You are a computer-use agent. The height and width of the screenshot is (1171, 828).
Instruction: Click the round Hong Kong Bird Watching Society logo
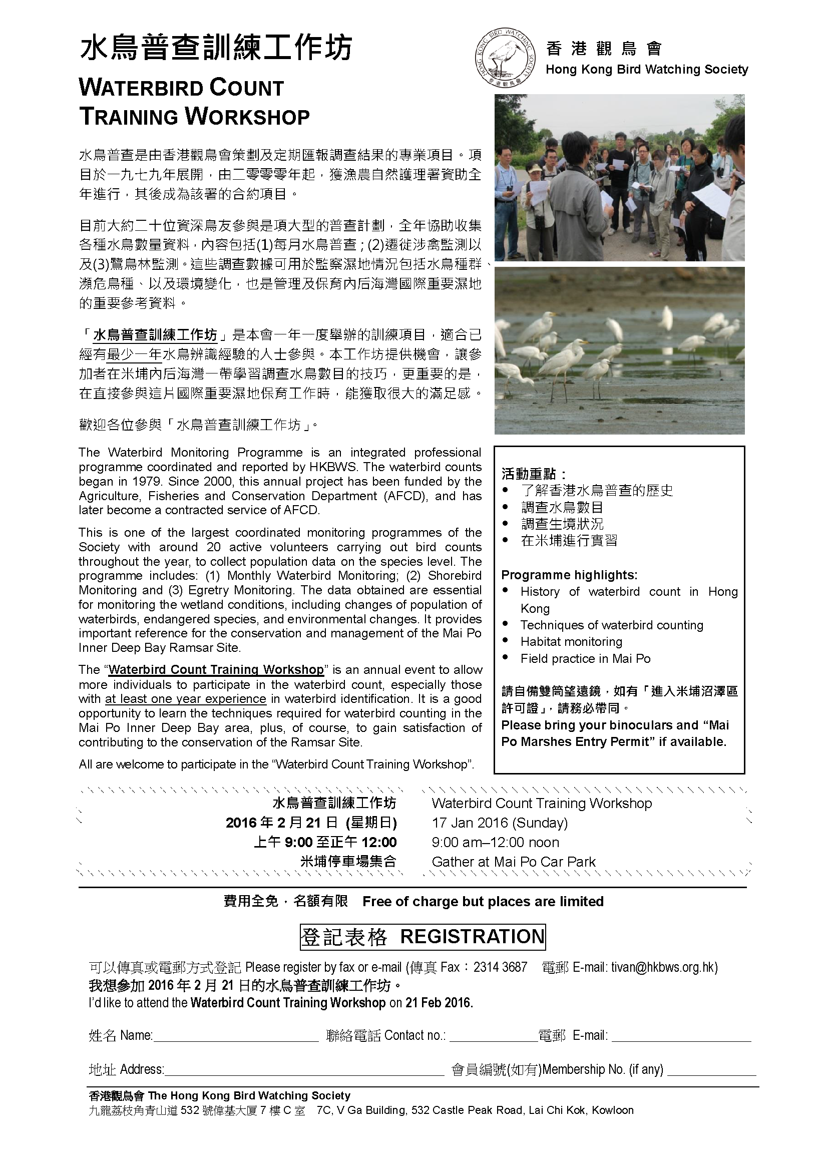(x=505, y=58)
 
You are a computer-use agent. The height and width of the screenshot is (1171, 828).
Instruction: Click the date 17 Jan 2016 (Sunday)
(x=500, y=823)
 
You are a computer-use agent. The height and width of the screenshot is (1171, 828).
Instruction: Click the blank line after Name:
(x=236, y=1035)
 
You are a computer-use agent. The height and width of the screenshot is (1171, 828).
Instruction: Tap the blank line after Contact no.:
(x=493, y=1035)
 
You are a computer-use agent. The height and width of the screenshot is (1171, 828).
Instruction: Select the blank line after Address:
(x=304, y=1069)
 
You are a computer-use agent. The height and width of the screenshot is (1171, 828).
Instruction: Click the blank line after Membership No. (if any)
(x=711, y=1069)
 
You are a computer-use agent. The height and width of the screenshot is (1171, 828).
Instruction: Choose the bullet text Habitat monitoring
(x=572, y=642)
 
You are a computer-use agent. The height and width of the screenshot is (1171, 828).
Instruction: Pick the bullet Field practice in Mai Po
(x=585, y=658)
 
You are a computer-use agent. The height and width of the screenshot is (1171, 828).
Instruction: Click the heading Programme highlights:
(x=569, y=575)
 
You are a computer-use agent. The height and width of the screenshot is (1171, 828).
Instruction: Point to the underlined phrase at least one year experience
(x=186, y=699)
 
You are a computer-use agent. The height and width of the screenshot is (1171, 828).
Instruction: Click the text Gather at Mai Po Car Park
(x=514, y=862)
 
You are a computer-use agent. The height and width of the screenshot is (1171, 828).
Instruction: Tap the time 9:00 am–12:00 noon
(x=495, y=842)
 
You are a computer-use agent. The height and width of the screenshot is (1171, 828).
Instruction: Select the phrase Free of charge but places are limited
(x=483, y=901)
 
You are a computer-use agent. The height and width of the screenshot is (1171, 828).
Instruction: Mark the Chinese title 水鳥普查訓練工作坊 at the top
(x=216, y=50)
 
